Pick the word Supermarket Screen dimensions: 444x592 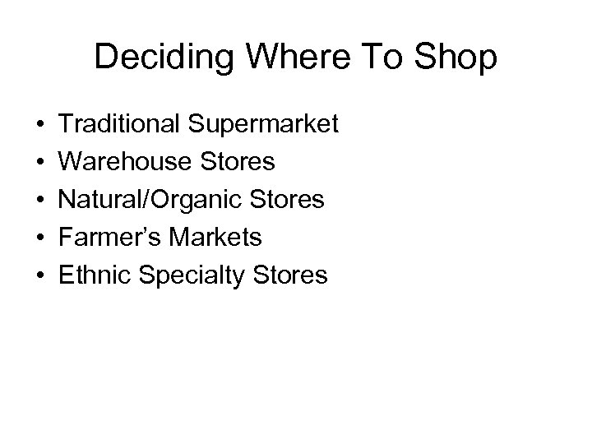(x=263, y=126)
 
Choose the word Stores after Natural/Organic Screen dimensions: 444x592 (x=289, y=200)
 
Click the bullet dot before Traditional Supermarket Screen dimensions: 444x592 (x=39, y=125)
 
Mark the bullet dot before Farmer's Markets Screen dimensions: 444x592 (x=39, y=238)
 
